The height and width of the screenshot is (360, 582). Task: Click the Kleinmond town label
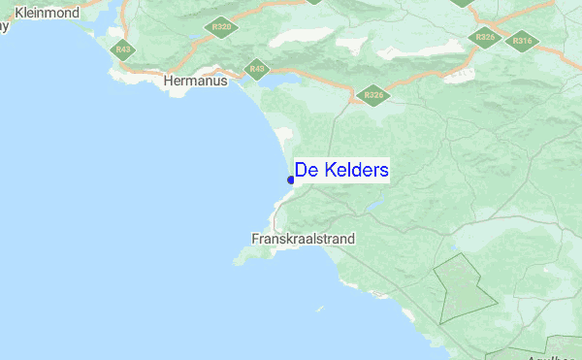(x=48, y=15)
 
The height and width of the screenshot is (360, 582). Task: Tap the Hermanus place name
(x=196, y=82)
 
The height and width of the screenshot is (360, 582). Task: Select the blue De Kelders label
(x=341, y=171)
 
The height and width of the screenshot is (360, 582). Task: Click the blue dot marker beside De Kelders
(x=291, y=180)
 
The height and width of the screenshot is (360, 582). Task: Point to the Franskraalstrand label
(x=303, y=238)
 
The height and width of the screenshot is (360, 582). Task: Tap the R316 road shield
(x=522, y=41)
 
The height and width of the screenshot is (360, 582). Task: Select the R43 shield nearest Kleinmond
(x=122, y=49)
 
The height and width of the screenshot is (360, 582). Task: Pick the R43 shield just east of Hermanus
(x=256, y=69)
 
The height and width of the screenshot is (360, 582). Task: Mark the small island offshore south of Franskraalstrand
(x=320, y=310)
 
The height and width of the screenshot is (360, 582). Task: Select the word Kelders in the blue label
(x=356, y=171)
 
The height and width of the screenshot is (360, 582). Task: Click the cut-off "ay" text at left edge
(x=4, y=27)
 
